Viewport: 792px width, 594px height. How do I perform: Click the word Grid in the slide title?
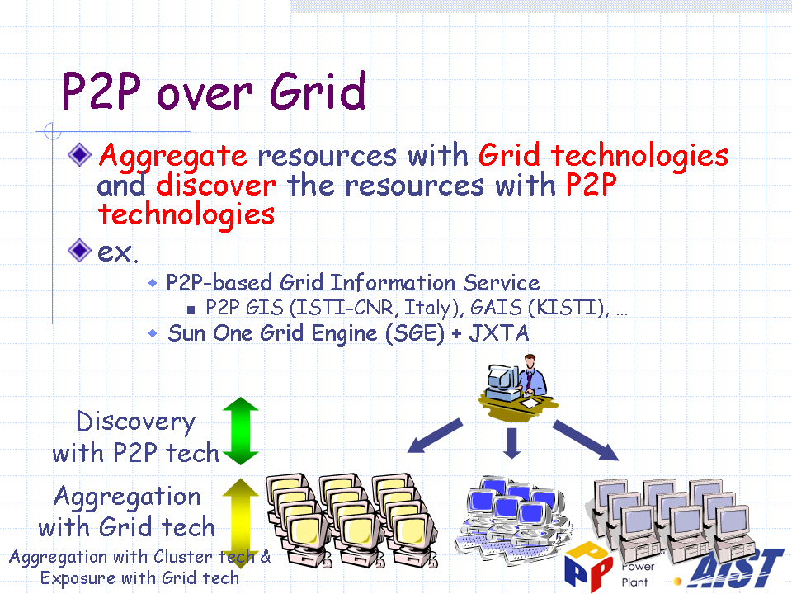click(x=317, y=91)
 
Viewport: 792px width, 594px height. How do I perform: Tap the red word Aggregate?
click(x=172, y=156)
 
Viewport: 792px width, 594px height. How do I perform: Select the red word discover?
click(x=216, y=185)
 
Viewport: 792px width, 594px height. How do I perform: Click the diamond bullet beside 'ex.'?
click(x=79, y=251)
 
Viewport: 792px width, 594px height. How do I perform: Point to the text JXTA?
click(x=499, y=333)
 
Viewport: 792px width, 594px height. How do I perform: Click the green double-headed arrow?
click(x=241, y=431)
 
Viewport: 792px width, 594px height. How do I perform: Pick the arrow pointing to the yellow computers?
click(x=435, y=436)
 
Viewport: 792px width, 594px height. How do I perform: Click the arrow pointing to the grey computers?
click(x=586, y=440)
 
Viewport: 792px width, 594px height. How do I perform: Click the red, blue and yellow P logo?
click(x=588, y=566)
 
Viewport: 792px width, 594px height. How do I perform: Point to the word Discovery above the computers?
click(x=135, y=422)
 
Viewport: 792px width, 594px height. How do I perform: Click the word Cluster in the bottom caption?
click(x=183, y=556)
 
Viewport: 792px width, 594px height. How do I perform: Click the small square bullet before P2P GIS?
click(x=191, y=309)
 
